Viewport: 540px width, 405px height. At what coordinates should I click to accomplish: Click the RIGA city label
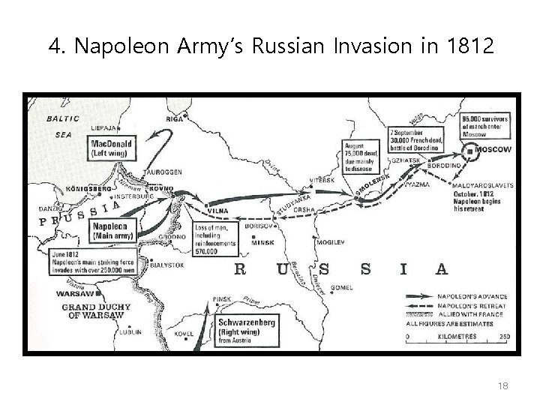tap(175, 119)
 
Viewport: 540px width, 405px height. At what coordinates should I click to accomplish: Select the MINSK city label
tap(263, 244)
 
